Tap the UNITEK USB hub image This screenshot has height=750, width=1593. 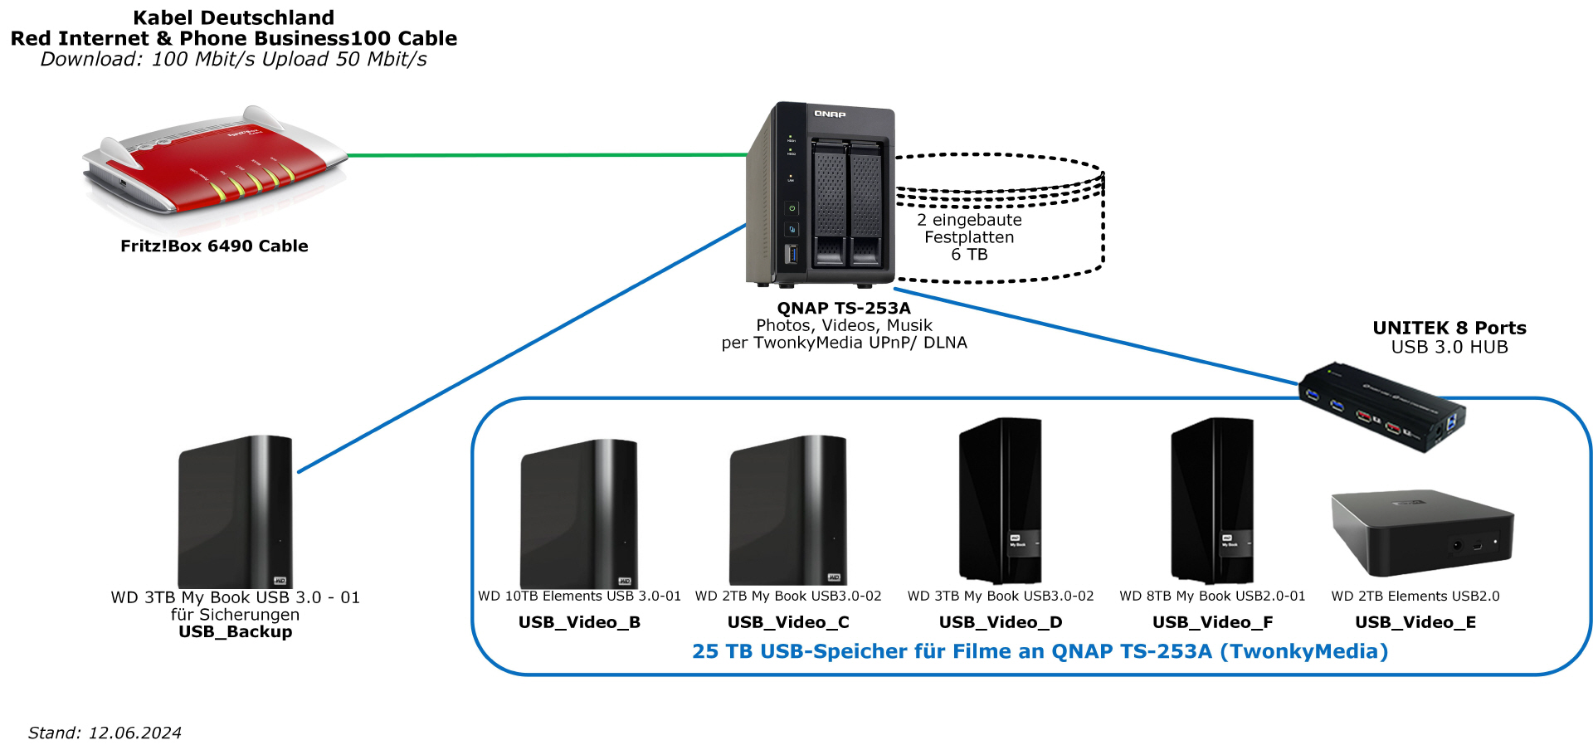(x=1381, y=407)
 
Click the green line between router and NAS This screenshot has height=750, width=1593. (x=548, y=155)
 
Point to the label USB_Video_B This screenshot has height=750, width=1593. (x=579, y=622)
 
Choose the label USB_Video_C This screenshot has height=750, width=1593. (x=788, y=622)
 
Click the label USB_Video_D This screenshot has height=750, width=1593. (x=1000, y=622)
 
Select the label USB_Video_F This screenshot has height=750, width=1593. (x=1212, y=622)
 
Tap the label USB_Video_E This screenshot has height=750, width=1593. (x=1415, y=622)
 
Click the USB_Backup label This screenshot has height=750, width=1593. (x=236, y=632)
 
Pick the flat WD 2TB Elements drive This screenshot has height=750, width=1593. (x=1422, y=531)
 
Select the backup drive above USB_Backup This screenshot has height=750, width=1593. (x=236, y=511)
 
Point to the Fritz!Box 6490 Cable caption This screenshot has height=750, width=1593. (x=214, y=246)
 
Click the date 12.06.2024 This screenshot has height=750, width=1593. (x=134, y=733)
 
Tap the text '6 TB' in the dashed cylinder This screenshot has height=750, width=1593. (x=969, y=255)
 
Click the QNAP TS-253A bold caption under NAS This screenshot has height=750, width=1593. (x=844, y=309)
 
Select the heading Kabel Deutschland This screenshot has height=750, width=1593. (x=234, y=17)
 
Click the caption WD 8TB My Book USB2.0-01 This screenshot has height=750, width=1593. (x=1212, y=597)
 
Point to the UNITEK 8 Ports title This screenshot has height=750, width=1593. (x=1449, y=328)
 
